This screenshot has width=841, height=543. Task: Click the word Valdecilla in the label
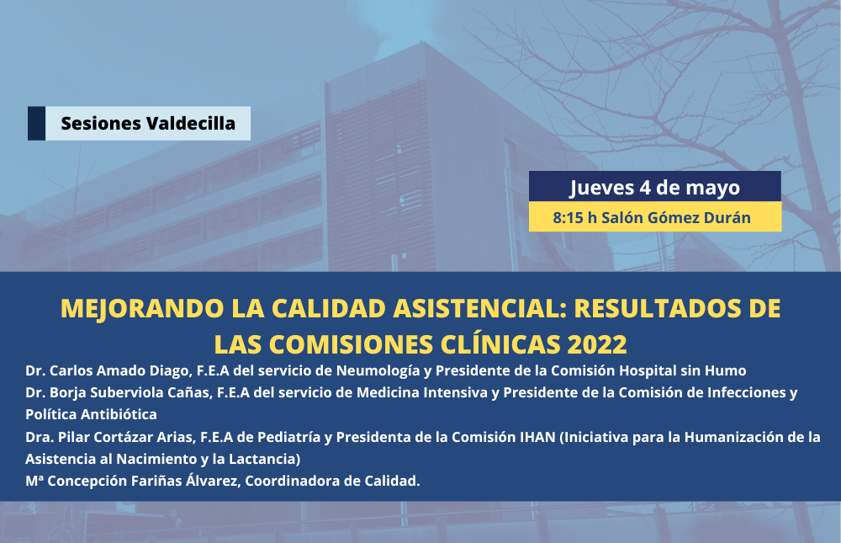point(191,124)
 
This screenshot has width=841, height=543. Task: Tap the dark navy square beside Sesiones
point(36,124)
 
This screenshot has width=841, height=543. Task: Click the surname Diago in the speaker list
point(172,371)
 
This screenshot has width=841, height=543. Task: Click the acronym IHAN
point(537,437)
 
